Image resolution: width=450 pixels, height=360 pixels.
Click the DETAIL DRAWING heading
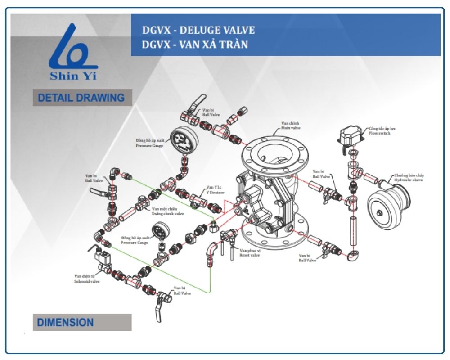click(81, 98)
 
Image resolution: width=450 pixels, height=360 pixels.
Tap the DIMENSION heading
click(66, 322)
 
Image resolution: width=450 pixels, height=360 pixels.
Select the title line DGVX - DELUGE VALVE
click(198, 31)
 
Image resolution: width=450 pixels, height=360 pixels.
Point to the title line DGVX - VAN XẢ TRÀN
click(195, 45)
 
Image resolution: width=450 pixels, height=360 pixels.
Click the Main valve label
click(290, 126)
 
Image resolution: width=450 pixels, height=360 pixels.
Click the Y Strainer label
click(215, 190)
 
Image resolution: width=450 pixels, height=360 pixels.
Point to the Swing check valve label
click(167, 211)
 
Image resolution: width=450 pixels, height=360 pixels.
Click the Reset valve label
click(250, 252)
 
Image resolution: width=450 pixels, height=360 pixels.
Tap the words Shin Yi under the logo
click(73, 76)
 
